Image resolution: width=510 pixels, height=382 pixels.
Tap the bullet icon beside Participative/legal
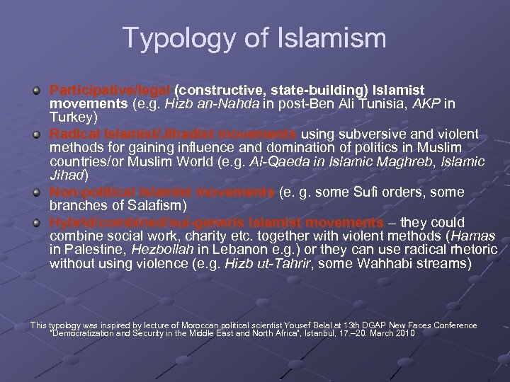[36, 91]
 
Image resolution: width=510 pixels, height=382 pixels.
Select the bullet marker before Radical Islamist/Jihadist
[36, 134]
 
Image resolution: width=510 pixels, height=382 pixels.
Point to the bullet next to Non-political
[36, 192]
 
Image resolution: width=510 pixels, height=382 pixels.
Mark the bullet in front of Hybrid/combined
[36, 221]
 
